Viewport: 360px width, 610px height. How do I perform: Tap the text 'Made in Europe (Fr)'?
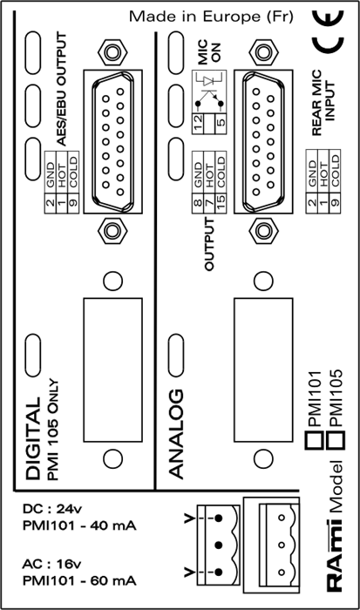(211, 17)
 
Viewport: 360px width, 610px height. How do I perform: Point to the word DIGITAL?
(33, 438)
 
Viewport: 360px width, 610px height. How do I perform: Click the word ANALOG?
(176, 433)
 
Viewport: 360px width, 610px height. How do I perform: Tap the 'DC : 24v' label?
(52, 509)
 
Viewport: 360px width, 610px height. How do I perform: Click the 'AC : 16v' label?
(52, 564)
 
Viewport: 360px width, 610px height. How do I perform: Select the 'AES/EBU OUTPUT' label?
(62, 89)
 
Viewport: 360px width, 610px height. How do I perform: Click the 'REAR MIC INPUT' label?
(323, 102)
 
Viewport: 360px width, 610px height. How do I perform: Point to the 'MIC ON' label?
(208, 53)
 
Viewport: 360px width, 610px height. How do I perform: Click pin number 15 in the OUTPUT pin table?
(221, 204)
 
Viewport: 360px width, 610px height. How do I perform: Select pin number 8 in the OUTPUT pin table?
(198, 203)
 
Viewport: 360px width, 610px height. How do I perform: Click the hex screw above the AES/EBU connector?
(112, 51)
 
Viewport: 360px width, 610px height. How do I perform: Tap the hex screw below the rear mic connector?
(263, 231)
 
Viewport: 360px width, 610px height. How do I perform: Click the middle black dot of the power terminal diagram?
(219, 545)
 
